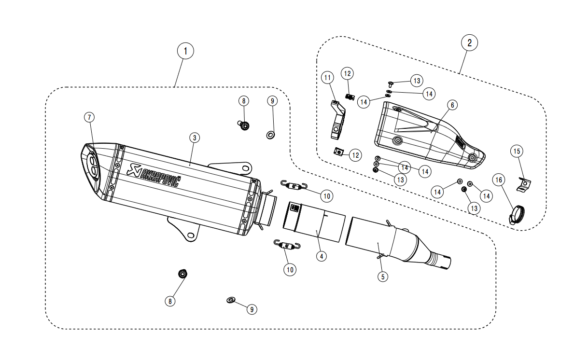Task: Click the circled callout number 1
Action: (x=185, y=51)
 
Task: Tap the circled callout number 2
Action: (x=469, y=43)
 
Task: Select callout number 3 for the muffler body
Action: (x=194, y=138)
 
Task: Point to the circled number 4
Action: (x=322, y=256)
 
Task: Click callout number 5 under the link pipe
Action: (x=382, y=277)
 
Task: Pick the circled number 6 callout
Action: (x=452, y=105)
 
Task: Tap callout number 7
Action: (x=89, y=117)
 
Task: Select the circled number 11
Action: (x=327, y=78)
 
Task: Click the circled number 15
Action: (x=517, y=151)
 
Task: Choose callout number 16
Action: (x=499, y=180)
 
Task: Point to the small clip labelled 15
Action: (x=524, y=184)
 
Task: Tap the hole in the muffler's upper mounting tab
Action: (x=246, y=168)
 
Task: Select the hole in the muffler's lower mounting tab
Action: (x=191, y=235)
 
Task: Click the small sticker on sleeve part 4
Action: (x=294, y=208)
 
